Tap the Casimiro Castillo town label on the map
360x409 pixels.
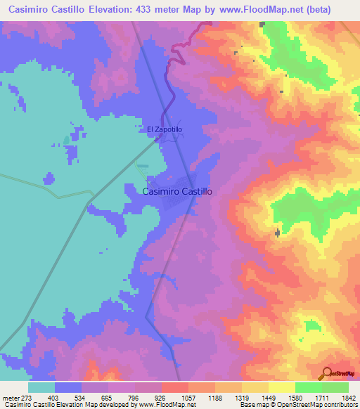click(x=177, y=190)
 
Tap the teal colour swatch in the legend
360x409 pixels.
click(x=41, y=387)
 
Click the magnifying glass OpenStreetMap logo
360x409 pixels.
click(x=325, y=372)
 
